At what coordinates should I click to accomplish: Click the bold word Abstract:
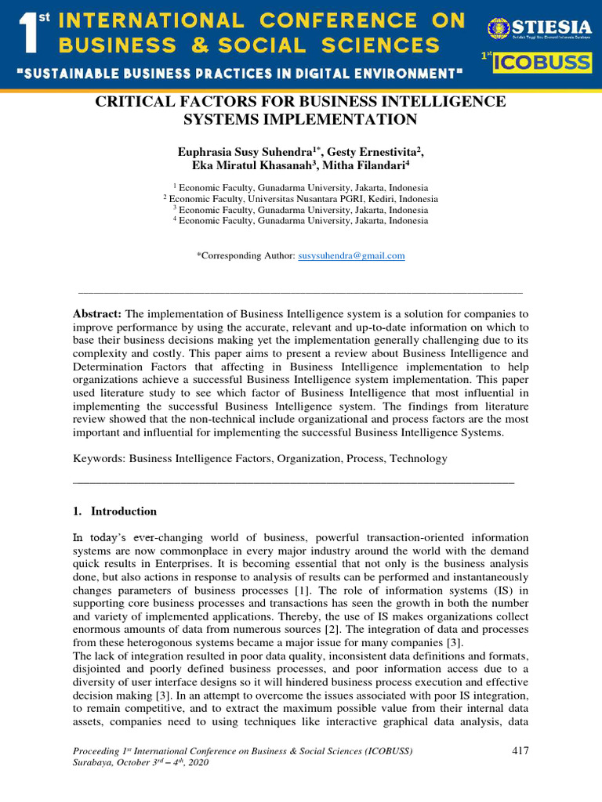(x=96, y=313)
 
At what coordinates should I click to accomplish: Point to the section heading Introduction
(x=124, y=511)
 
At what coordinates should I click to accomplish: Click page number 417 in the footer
(x=520, y=751)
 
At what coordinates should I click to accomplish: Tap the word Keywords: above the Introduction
(x=99, y=458)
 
